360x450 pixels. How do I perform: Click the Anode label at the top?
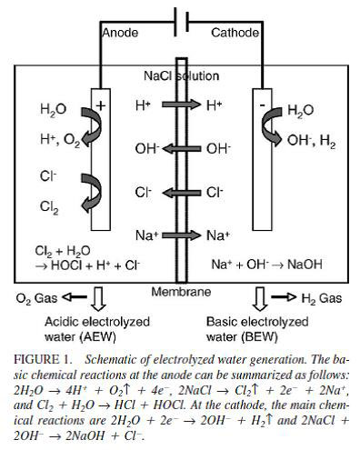120,33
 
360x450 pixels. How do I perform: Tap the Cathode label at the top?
235,33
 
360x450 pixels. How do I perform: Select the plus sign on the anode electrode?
101,105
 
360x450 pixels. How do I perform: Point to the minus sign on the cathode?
263,105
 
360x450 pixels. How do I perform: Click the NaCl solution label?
181,75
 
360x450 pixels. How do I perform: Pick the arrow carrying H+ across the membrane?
181,105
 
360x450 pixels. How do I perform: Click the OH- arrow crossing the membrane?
182,148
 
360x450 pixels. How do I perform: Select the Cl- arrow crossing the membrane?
182,193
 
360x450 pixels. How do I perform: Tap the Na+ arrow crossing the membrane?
181,235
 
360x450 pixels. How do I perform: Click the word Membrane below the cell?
181,292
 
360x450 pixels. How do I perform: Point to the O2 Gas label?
36,298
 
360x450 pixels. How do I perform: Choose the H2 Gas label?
322,298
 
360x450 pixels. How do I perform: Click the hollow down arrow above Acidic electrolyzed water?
99,299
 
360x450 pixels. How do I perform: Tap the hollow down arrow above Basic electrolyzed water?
260,299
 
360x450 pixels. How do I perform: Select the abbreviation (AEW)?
97,337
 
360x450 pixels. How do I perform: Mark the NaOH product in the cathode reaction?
305,265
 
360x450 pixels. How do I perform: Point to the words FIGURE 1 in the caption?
42,359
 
